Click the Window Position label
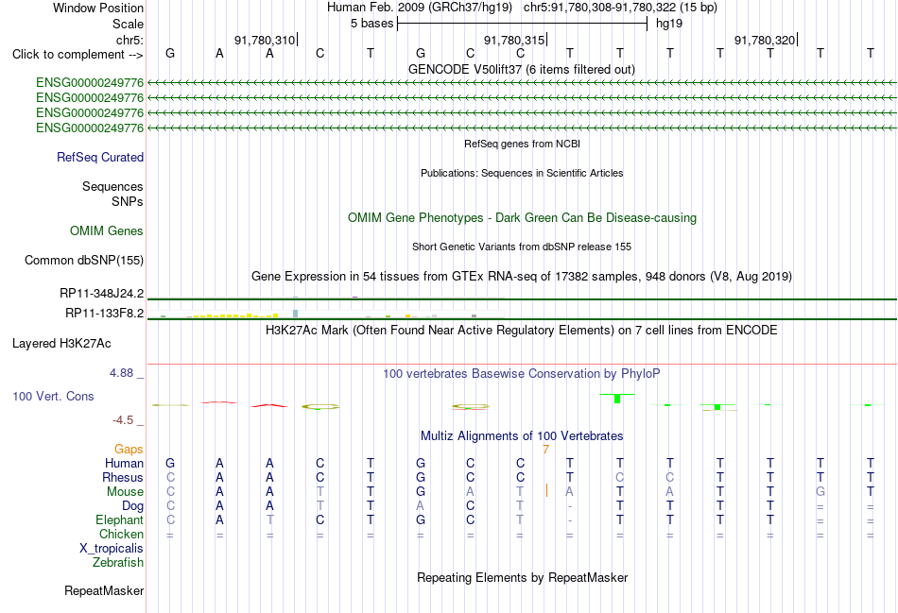click(x=98, y=8)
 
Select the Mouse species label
click(x=125, y=492)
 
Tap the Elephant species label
click(x=119, y=520)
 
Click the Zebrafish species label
click(x=118, y=563)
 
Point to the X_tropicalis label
click(x=112, y=549)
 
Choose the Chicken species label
click(x=121, y=534)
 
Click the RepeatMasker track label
click(x=104, y=590)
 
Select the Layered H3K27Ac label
click(x=61, y=344)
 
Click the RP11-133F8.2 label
click(x=104, y=313)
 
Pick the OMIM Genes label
click(x=107, y=230)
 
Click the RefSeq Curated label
click(x=100, y=158)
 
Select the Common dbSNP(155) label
click(x=83, y=261)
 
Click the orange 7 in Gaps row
click(x=545, y=450)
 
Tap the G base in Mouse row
click(x=820, y=492)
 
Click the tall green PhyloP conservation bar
click(x=617, y=399)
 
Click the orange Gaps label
click(x=129, y=450)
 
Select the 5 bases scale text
click(x=372, y=24)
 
